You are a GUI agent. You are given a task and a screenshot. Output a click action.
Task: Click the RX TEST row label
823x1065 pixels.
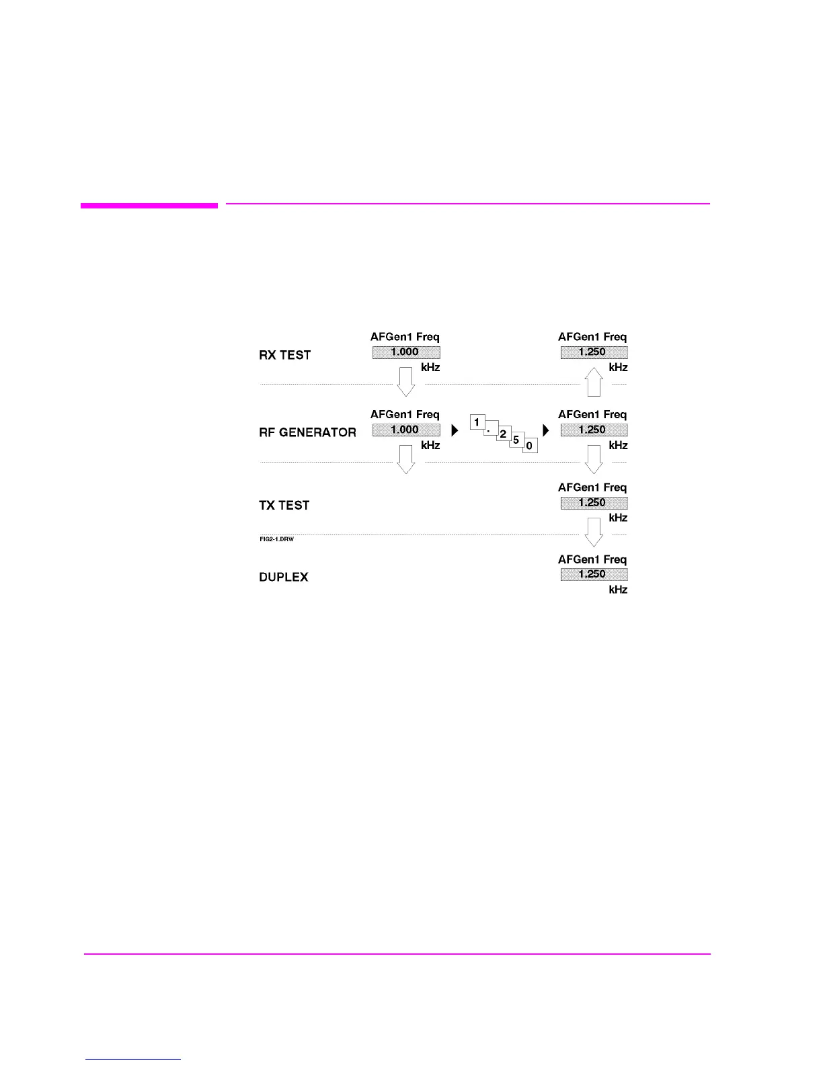coord(284,355)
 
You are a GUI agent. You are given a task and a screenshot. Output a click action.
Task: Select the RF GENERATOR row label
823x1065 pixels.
coord(307,432)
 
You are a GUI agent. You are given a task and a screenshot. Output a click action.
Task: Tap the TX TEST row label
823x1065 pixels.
coord(284,506)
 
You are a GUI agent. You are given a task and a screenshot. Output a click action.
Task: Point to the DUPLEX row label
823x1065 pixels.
coord(283,578)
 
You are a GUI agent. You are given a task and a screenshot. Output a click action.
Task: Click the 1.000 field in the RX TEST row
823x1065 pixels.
coord(405,352)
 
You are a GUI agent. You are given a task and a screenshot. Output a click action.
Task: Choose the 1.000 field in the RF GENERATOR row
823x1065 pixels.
coord(405,430)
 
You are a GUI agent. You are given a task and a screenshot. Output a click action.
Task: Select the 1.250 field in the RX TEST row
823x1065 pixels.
coord(594,352)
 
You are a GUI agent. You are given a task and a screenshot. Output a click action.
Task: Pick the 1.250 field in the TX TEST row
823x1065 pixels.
coord(594,503)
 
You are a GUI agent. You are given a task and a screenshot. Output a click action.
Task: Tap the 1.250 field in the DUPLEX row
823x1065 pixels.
coord(594,574)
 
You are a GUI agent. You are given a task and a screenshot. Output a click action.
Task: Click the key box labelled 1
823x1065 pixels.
coord(477,423)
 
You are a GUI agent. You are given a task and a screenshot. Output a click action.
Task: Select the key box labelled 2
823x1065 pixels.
coord(503,434)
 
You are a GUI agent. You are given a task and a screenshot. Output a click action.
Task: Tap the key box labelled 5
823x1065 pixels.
coord(516,440)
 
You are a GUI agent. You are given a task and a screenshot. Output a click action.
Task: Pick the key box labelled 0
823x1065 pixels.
coord(530,446)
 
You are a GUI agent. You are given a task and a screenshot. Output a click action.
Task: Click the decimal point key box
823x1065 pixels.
coord(490,428)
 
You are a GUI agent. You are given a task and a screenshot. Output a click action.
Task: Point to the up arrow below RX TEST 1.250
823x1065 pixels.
coord(594,381)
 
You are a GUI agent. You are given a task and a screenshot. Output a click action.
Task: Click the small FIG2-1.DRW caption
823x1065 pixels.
coord(277,540)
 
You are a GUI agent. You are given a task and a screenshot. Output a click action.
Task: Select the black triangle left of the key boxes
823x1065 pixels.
coord(455,430)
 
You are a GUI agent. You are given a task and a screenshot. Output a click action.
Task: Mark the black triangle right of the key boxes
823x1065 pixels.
coord(546,430)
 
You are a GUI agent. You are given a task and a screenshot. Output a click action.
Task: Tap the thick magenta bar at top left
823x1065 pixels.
coord(149,206)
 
